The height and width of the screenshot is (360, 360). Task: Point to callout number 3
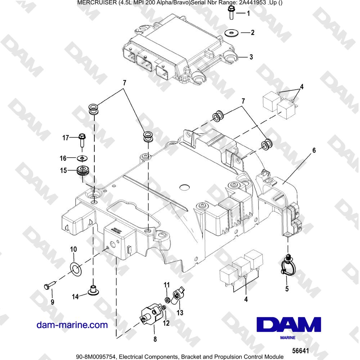[251, 57]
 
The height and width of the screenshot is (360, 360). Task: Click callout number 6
[314, 150]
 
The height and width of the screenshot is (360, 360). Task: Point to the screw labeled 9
[49, 285]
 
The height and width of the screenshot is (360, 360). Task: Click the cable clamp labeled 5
[287, 267]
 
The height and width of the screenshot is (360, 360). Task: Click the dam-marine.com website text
[72, 325]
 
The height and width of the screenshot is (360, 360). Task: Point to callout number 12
[166, 323]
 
